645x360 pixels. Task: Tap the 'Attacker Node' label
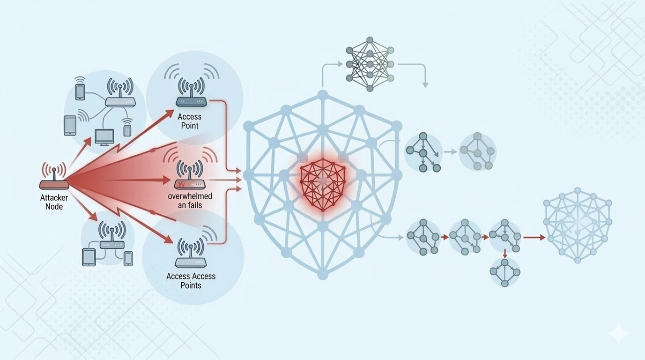pos(54,202)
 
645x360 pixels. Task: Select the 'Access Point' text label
pos(189,121)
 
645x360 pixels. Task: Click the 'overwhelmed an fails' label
pos(190,201)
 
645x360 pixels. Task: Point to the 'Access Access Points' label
pos(191,281)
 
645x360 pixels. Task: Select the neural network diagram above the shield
pos(370,64)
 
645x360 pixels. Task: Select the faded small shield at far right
pos(578,225)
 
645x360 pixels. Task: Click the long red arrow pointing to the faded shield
pos(534,238)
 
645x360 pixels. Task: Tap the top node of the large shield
pos(323,94)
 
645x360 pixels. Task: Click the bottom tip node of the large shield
pos(323,275)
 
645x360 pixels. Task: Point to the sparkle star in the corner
pos(619,334)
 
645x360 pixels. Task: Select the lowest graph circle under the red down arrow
pos(505,272)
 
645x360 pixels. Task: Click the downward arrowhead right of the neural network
pos(425,85)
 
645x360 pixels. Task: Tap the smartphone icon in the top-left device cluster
pos(80,92)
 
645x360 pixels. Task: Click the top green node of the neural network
pos(391,51)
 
